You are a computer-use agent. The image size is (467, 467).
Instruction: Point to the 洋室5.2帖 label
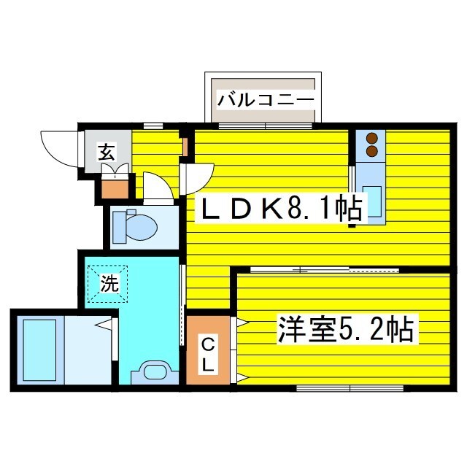tap(345, 330)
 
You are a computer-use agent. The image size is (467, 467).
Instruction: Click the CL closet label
tap(207, 353)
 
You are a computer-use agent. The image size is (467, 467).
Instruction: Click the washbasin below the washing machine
tap(155, 371)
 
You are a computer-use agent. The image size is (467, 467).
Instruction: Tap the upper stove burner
tap(372, 138)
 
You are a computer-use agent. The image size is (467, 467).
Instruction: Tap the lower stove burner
tap(372, 151)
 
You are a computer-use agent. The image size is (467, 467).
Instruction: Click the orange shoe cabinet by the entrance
tap(115, 188)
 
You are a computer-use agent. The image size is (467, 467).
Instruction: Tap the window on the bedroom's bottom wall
tap(350, 387)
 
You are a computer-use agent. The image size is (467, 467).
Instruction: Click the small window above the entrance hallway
tap(153, 126)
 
